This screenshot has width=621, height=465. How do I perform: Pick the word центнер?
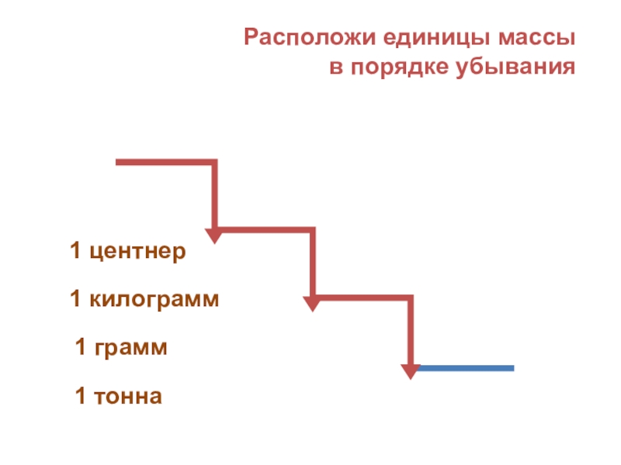click(137, 253)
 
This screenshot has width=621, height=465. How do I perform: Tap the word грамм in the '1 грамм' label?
click(131, 348)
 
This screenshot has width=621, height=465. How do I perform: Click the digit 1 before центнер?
click(75, 252)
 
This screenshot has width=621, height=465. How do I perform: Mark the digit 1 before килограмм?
click(75, 299)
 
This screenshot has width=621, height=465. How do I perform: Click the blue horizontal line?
click(466, 367)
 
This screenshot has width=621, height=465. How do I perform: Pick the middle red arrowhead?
click(312, 301)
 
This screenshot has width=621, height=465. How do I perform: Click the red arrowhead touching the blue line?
click(409, 370)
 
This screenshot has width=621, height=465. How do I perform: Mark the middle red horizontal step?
click(264, 229)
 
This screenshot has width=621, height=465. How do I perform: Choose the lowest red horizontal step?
click(362, 298)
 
